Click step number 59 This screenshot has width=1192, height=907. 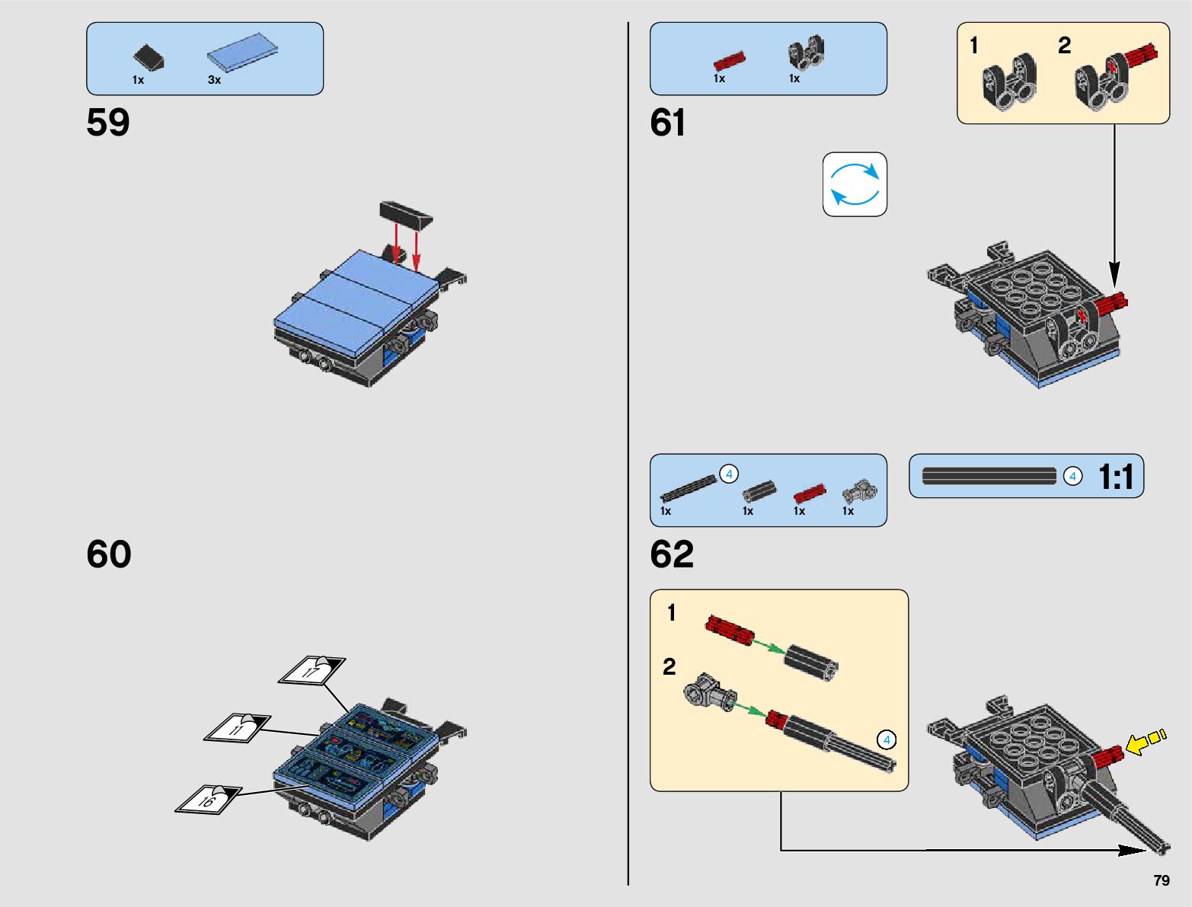point(107,122)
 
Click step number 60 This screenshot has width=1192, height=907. point(109,554)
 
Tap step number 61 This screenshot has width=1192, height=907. point(667,122)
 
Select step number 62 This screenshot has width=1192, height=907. point(672,554)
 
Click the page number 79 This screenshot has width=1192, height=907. point(1162,880)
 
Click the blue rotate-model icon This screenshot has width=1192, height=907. point(855,184)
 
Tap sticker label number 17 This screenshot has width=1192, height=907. point(312,670)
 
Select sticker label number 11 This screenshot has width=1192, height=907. point(238,728)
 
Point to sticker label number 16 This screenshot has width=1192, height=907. point(208,798)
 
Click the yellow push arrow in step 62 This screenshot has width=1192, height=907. point(1145,743)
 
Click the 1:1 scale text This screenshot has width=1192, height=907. point(1116,477)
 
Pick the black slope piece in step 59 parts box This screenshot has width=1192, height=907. point(149,58)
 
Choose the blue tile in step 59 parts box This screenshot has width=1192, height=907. point(242,53)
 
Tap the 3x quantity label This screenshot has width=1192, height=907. point(215,80)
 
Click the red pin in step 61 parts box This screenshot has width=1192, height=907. point(730,60)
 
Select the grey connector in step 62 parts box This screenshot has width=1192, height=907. point(859,491)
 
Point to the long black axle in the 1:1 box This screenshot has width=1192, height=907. point(989,476)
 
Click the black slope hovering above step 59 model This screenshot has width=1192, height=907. point(406,215)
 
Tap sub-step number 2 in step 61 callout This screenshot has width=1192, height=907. point(1064,46)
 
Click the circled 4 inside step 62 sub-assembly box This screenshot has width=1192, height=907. point(887,739)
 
